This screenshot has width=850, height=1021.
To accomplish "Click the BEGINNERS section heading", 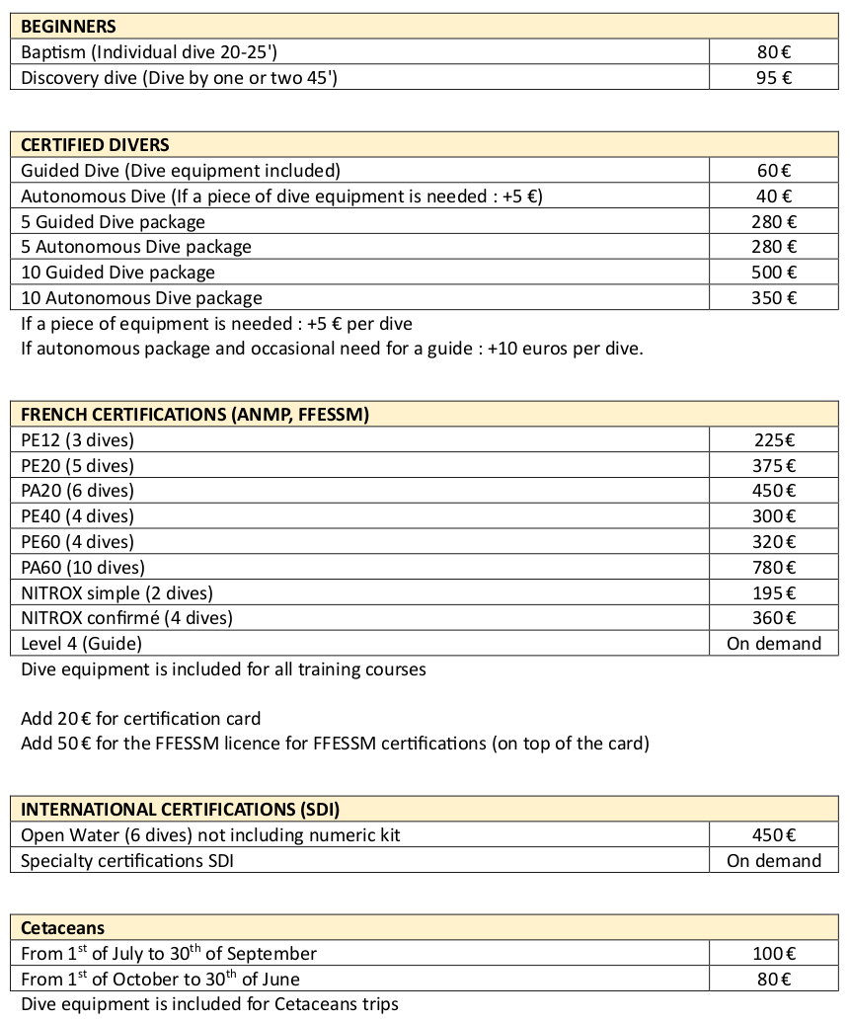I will [68, 27].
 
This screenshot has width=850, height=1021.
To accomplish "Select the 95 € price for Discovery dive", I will [774, 78].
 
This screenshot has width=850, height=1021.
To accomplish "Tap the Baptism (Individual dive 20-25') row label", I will [156, 52].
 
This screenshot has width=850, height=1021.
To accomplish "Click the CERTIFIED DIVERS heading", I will [95, 145].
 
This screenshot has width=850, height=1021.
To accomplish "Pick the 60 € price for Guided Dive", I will [774, 171].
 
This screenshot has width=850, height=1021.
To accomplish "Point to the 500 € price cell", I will [774, 273].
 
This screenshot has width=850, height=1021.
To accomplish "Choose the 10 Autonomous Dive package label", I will [141, 298].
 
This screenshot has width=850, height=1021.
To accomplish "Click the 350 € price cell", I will [774, 298].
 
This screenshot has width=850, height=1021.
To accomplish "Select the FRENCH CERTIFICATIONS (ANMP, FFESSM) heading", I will [194, 415].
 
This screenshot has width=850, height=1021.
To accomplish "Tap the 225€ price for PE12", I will [774, 440].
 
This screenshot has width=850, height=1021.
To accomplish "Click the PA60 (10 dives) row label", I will [83, 568].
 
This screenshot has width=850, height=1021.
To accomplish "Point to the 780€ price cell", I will [774, 568].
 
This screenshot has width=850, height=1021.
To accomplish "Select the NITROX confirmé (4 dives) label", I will [126, 619].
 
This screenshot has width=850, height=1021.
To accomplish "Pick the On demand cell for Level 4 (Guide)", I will [774, 644].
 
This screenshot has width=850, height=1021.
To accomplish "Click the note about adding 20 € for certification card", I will [140, 719].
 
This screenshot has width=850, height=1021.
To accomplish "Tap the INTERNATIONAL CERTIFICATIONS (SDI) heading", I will [180, 810].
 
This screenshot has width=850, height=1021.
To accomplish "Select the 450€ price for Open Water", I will [774, 835].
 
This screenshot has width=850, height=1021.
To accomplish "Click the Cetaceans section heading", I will [62, 928].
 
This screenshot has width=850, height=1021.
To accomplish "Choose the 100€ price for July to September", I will [774, 954].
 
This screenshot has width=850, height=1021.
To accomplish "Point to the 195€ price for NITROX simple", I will [774, 593].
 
